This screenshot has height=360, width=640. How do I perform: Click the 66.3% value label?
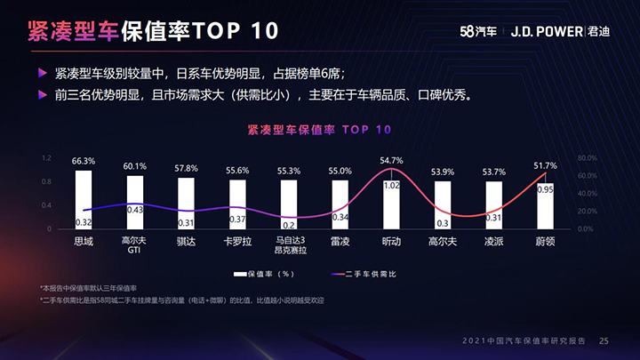click(x=84, y=161)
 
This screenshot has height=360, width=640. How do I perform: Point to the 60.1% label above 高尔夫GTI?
click(x=135, y=166)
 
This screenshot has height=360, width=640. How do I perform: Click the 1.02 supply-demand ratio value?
click(x=391, y=186)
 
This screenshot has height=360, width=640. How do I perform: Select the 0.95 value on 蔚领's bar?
click(x=545, y=189)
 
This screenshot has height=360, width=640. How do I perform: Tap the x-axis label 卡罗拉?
click(x=237, y=241)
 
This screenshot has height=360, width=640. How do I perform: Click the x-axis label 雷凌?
click(x=340, y=241)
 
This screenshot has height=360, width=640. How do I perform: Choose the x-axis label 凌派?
click(x=494, y=241)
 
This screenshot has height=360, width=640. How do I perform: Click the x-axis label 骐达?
click(x=186, y=241)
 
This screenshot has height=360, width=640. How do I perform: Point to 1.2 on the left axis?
click(x=46, y=158)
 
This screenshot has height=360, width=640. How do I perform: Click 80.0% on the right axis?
click(x=586, y=158)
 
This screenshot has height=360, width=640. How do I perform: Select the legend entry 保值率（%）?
click(x=267, y=274)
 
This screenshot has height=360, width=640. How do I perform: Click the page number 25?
click(x=604, y=340)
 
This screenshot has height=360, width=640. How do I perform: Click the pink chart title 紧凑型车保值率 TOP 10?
click(x=319, y=130)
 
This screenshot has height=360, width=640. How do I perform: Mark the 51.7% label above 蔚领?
click(x=545, y=166)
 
